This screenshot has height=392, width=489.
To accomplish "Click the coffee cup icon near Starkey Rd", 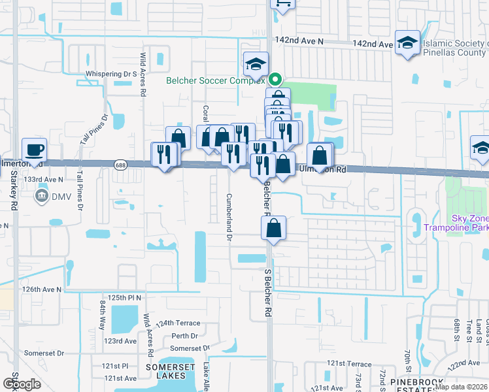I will click(34, 150).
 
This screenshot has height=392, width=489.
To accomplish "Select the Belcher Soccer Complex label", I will click(214, 80).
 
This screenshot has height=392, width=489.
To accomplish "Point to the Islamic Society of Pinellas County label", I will click(456, 48).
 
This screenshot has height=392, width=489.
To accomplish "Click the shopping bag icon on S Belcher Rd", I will click(274, 229).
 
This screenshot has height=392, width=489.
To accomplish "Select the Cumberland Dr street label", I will click(229, 217).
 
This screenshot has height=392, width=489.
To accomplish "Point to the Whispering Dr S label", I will click(110, 74).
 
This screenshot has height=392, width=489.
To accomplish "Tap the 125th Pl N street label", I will click(125, 297).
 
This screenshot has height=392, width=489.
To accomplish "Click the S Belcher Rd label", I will click(268, 291).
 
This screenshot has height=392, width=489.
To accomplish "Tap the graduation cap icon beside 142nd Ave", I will click(407, 44).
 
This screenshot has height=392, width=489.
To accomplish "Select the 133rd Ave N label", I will click(44, 179).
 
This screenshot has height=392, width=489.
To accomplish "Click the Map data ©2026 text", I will click(461, 387).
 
